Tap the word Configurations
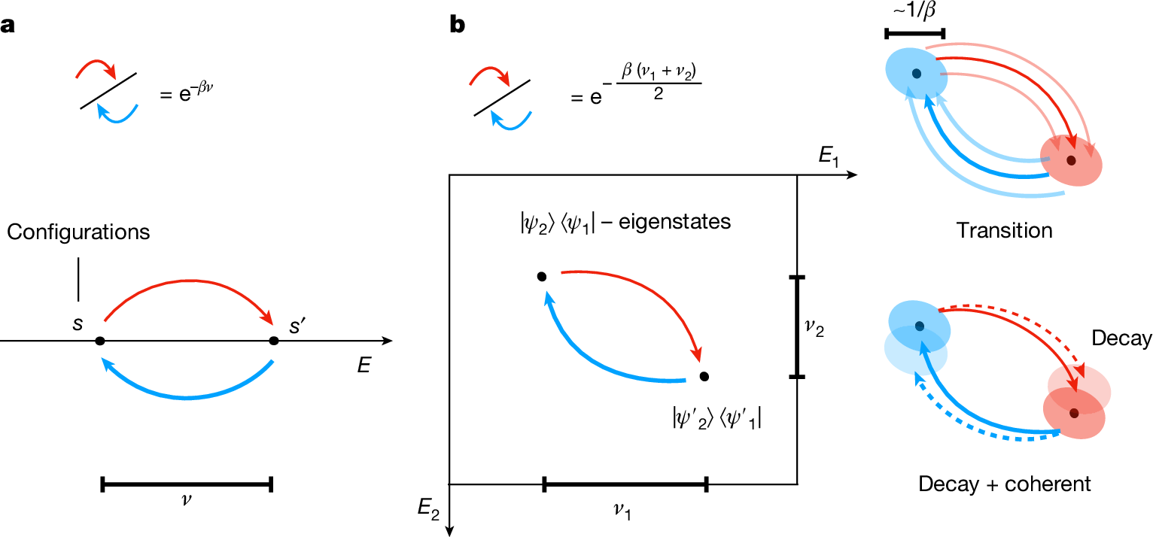click(78, 232)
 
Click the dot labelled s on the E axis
click(100, 341)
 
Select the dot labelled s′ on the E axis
click(274, 341)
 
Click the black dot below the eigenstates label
click(541, 277)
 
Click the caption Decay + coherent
click(1004, 484)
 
